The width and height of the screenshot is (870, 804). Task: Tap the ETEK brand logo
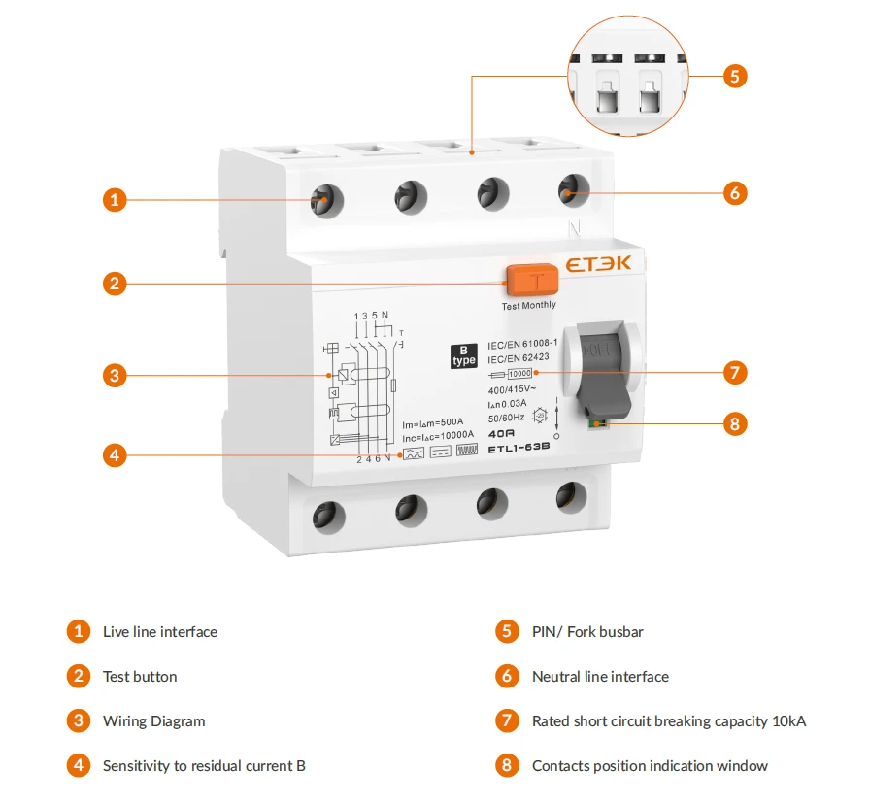(598, 263)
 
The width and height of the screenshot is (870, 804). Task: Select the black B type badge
(464, 355)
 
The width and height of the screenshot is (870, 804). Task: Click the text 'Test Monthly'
(529, 305)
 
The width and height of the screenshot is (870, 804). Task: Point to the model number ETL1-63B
(519, 448)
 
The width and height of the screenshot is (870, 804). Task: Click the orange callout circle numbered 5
(735, 76)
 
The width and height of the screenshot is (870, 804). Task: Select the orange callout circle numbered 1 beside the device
(115, 200)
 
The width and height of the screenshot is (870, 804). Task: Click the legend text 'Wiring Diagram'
(153, 721)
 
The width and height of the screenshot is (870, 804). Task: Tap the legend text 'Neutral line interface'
(600, 677)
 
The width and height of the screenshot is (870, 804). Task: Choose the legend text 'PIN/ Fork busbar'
(587, 632)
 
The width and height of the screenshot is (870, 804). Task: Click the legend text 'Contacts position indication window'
(650, 766)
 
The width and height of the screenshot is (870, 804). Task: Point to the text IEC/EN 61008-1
(522, 344)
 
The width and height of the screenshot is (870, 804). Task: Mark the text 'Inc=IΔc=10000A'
(438, 436)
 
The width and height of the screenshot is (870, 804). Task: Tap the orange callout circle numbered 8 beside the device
(735, 423)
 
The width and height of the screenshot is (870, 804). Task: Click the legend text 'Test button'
(140, 677)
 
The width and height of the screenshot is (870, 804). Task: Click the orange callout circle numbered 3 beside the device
(115, 374)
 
